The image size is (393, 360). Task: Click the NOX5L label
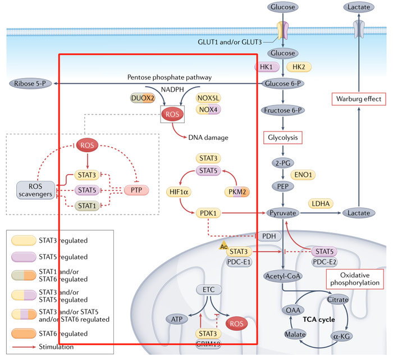[209, 98]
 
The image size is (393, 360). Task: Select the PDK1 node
[209, 213]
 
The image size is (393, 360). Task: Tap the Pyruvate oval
[283, 213]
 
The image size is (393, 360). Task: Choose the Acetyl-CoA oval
[283, 276]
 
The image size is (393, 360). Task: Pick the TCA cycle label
[319, 320]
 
